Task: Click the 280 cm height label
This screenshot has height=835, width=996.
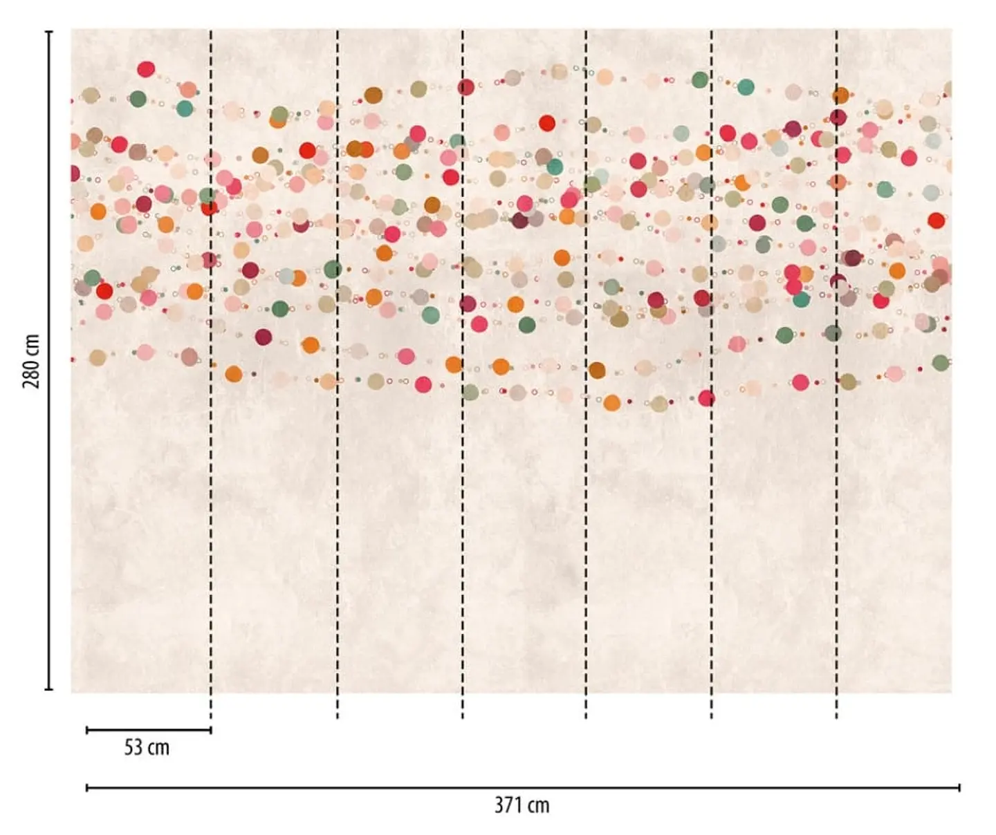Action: tap(32, 361)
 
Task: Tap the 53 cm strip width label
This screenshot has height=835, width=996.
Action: tap(147, 747)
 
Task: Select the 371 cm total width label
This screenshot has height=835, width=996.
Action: tap(522, 805)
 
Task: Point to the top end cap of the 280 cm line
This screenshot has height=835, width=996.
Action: tap(48, 32)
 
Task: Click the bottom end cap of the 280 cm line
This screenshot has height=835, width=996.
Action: tap(48, 689)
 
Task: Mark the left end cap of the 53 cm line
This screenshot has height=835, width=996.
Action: tap(87, 730)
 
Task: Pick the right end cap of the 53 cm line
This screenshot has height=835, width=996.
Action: tap(211, 730)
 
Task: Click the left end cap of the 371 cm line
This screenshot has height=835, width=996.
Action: tap(87, 787)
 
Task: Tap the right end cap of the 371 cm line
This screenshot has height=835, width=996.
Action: tap(959, 787)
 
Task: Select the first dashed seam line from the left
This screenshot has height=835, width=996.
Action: tap(211, 375)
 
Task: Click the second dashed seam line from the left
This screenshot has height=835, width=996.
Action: tap(338, 375)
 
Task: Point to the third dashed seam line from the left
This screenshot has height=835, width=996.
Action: tap(462, 375)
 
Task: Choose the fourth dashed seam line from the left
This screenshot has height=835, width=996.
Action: tap(586, 375)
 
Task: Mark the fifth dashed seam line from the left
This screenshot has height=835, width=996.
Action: tap(711, 375)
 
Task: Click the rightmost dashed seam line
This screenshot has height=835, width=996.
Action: tap(836, 375)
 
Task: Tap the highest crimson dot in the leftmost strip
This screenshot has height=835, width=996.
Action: tap(146, 69)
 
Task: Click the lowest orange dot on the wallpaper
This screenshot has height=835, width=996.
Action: tap(612, 403)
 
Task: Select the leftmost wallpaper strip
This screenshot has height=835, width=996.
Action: tap(141, 361)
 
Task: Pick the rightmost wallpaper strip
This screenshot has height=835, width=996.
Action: tap(894, 361)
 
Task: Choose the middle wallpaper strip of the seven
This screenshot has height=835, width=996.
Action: tap(524, 361)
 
